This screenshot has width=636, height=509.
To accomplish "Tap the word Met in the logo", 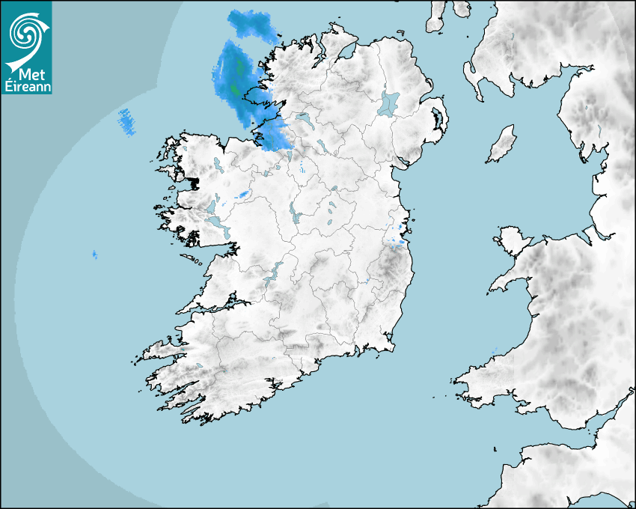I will click(x=29, y=75).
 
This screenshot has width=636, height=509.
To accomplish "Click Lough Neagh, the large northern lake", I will click(x=389, y=103).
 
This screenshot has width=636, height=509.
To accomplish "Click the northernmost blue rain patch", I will click(x=253, y=25).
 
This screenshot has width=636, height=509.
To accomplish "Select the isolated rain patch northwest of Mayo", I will click(x=127, y=121).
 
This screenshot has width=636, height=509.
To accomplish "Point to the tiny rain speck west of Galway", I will click(x=94, y=255).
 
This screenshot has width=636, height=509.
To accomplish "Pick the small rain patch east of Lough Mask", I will click(x=242, y=195).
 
